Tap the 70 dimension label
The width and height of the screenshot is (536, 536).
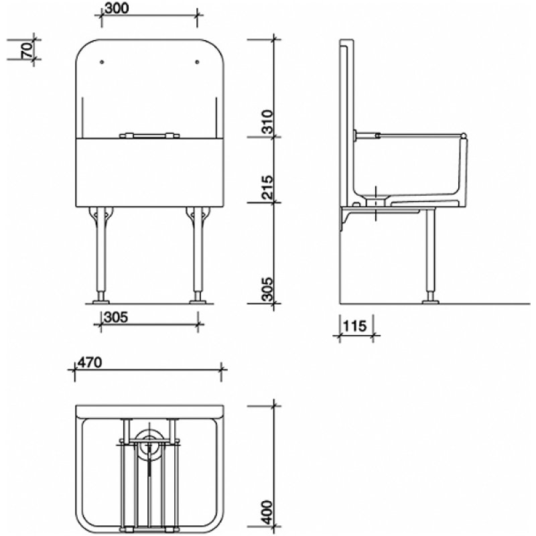27,51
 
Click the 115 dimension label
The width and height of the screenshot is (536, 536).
353,326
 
